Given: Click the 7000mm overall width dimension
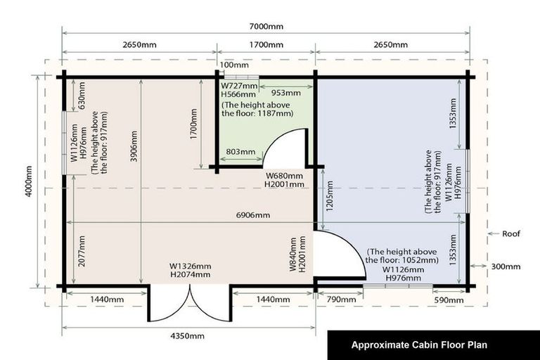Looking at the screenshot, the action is pyautogui.click(x=266, y=27).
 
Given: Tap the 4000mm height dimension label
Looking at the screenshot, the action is pyautogui.click(x=29, y=181).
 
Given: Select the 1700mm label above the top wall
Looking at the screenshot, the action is pyautogui.click(x=266, y=45).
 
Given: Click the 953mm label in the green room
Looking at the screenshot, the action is pyautogui.click(x=286, y=93).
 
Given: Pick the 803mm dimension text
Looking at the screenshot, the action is pyautogui.click(x=240, y=152).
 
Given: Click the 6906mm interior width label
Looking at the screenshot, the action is pyautogui.click(x=253, y=215).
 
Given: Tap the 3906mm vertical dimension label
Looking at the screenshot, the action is pyautogui.click(x=134, y=146).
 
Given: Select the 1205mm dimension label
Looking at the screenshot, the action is pyautogui.click(x=330, y=196).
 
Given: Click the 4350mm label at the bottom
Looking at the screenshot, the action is pyautogui.click(x=187, y=336).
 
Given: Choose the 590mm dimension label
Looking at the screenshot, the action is pyautogui.click(x=449, y=300).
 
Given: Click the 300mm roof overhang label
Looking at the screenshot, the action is pyautogui.click(x=506, y=266).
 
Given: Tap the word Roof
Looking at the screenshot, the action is pyautogui.click(x=511, y=233).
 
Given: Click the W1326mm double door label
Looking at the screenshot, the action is pyautogui.click(x=190, y=266).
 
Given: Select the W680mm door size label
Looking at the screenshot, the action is pyautogui.click(x=285, y=176).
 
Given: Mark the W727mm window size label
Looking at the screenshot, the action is pyautogui.click(x=239, y=86).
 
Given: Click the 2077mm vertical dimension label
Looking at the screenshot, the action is pyautogui.click(x=82, y=251).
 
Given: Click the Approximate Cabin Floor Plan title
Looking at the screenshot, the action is pyautogui.click(x=419, y=345).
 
